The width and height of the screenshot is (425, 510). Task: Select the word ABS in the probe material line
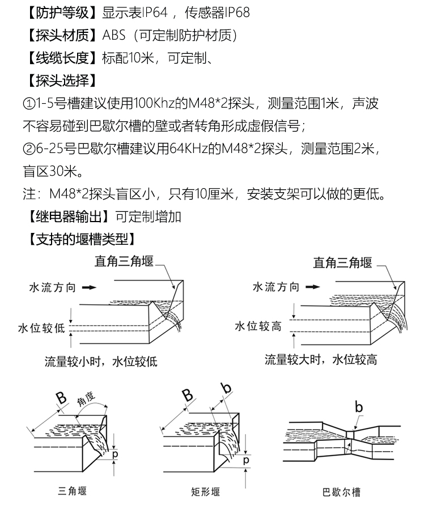pyautogui.click(x=114, y=35)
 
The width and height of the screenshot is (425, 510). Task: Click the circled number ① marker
pyautogui.click(x=29, y=104)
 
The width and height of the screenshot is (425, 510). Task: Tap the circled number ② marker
pyautogui.click(x=29, y=149)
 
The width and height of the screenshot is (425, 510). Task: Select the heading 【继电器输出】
pyautogui.click(x=69, y=216)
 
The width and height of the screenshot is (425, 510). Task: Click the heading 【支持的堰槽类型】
pyautogui.click(x=81, y=239)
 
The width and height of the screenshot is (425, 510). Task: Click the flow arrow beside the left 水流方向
pyautogui.click(x=90, y=287)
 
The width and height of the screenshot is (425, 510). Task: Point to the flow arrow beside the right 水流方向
pyautogui.click(x=313, y=287)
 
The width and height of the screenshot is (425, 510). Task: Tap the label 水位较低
pyautogui.click(x=41, y=328)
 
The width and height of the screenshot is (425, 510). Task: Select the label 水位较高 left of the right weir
pyautogui.click(x=258, y=326)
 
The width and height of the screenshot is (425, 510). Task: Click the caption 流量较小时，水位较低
pyautogui.click(x=101, y=362)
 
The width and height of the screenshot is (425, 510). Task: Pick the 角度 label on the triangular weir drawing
pyautogui.click(x=86, y=399)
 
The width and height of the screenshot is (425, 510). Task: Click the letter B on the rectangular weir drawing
pyautogui.click(x=188, y=396)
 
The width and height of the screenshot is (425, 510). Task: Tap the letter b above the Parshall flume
pyautogui.click(x=358, y=407)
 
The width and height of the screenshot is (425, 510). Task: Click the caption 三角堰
pyautogui.click(x=73, y=491)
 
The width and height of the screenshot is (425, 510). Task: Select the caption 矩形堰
pyautogui.click(x=206, y=491)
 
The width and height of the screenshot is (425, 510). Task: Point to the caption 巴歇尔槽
pyautogui.click(x=342, y=492)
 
